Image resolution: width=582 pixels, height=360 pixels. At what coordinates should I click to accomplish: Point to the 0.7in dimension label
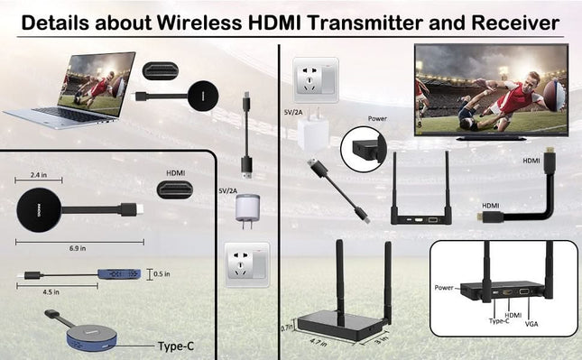286,327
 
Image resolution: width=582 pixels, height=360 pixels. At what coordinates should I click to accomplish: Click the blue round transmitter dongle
82,332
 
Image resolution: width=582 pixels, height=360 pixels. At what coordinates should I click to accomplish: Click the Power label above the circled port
377,118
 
